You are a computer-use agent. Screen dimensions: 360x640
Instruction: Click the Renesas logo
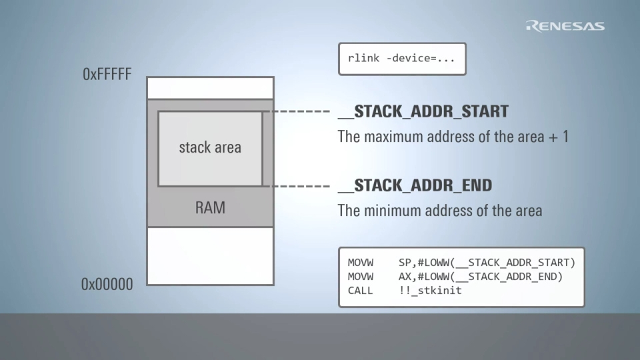(x=565, y=26)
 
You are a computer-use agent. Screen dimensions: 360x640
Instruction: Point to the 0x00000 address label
(x=107, y=285)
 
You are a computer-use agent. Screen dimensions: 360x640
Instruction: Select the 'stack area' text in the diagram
(x=210, y=147)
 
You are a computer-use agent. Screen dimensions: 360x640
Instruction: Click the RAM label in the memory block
(x=210, y=207)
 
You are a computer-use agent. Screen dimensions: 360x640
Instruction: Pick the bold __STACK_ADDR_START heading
(x=423, y=111)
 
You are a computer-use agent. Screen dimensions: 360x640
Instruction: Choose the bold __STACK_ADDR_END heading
(x=415, y=185)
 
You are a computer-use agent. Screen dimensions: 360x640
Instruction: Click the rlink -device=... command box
(x=401, y=59)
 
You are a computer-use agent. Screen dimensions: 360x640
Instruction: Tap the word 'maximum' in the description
(x=397, y=137)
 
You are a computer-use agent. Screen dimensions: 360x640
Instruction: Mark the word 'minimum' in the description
(x=395, y=211)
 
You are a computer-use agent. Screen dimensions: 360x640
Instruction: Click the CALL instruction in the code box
(x=361, y=291)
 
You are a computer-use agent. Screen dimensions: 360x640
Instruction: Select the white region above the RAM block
(x=210, y=88)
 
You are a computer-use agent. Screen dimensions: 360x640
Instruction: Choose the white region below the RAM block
(x=210, y=255)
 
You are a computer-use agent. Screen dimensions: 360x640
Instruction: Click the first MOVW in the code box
(x=361, y=262)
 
